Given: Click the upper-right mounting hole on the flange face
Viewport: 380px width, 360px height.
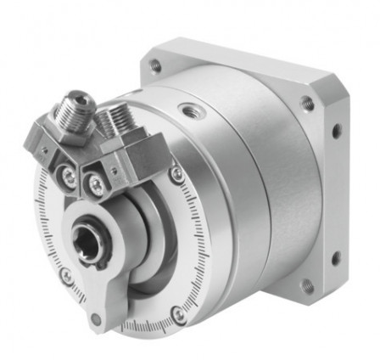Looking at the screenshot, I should point(306,105).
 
